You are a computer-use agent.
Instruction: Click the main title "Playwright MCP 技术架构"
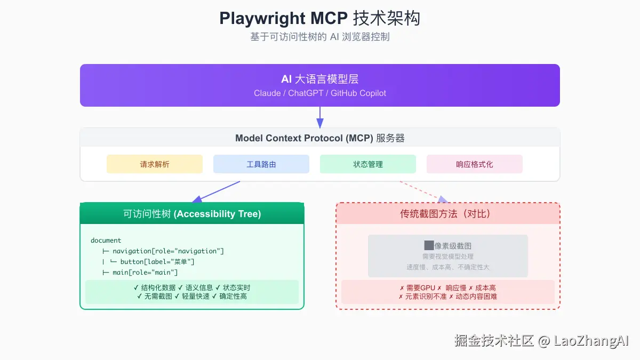[319, 18]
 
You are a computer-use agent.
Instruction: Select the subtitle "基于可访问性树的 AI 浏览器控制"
[319, 37]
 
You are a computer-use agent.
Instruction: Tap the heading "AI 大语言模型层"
[319, 79]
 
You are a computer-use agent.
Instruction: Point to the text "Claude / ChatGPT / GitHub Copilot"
[319, 93]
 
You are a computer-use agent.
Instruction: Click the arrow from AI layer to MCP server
[320, 117]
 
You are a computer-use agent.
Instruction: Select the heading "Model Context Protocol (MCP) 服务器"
[319, 138]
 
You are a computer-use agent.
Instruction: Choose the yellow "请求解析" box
[155, 164]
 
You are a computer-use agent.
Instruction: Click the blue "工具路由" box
[261, 164]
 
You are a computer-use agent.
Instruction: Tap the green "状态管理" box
[368, 164]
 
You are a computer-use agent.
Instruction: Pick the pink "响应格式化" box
[475, 164]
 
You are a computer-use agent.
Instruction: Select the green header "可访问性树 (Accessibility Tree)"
[192, 214]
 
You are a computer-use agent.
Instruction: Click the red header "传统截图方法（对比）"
[448, 214]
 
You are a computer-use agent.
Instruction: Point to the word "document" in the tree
[106, 241]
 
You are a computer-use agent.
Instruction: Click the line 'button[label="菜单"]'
[157, 262]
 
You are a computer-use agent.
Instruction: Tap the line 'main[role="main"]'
[145, 273]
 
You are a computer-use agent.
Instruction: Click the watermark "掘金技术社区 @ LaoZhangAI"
[541, 341]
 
